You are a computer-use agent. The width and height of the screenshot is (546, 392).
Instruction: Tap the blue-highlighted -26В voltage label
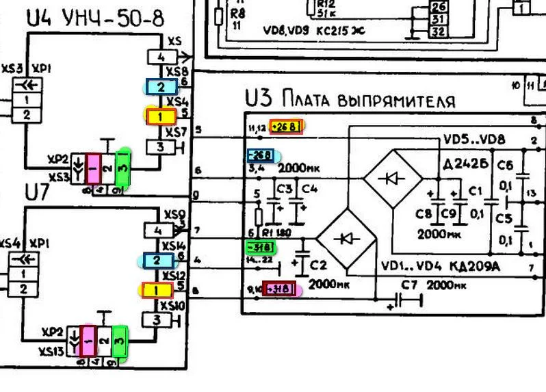click(x=261, y=155)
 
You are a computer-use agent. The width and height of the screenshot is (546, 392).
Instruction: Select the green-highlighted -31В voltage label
click(x=261, y=247)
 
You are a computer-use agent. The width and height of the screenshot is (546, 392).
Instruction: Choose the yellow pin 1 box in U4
click(x=159, y=116)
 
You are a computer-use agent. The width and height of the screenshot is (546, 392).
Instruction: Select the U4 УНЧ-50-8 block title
click(x=96, y=18)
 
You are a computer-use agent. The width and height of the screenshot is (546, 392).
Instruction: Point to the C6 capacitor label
click(x=506, y=166)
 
